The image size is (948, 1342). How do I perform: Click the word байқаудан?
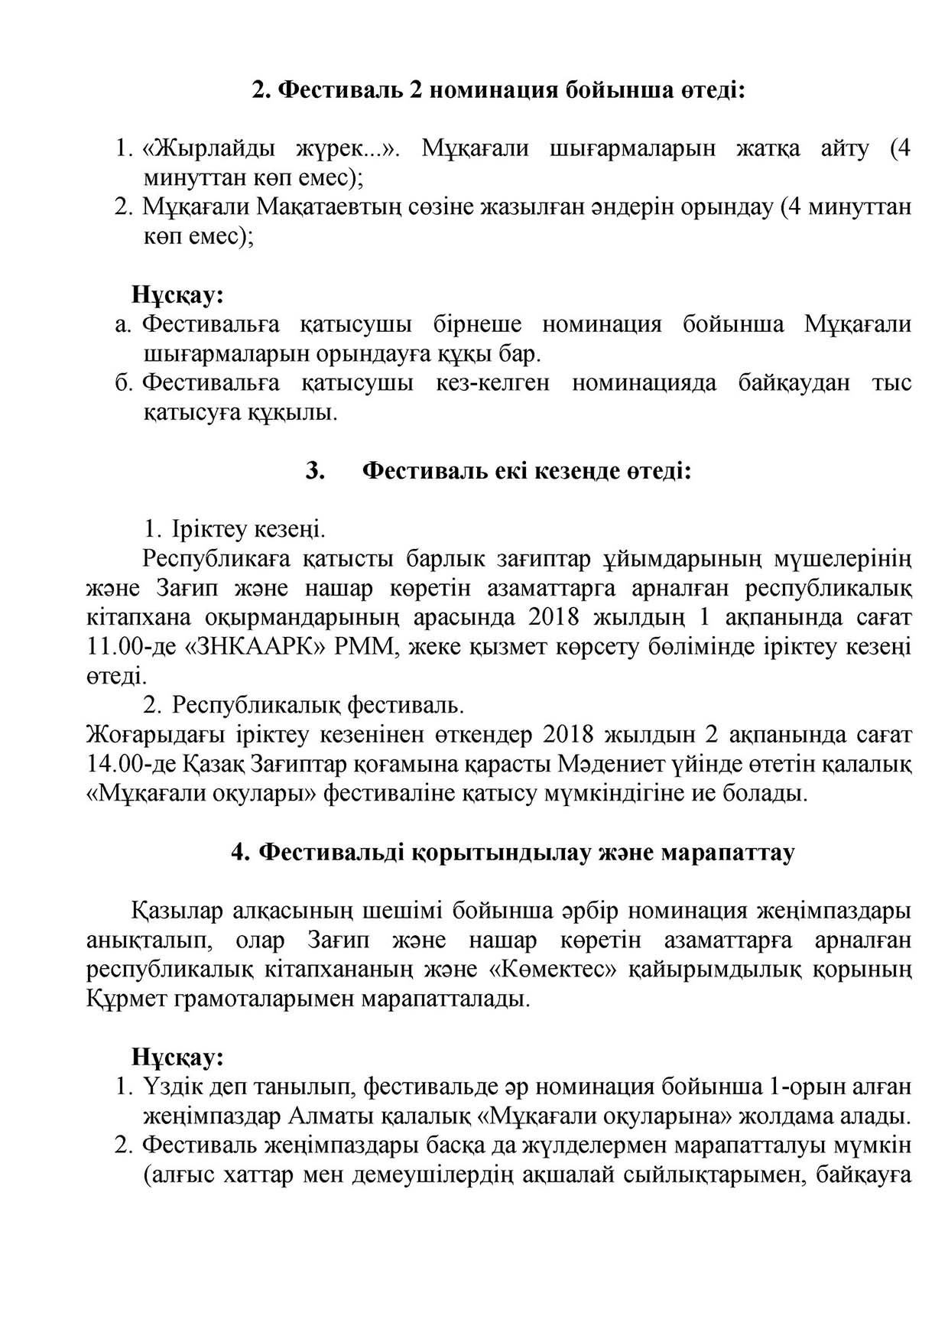pos(794,382)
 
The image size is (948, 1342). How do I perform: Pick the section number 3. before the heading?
pos(315,470)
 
